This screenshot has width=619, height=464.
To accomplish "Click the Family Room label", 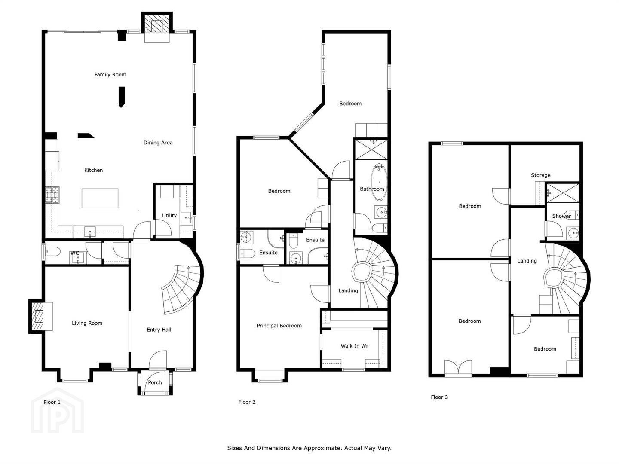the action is [x=110, y=75].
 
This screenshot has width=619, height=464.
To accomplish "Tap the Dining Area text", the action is [x=158, y=143].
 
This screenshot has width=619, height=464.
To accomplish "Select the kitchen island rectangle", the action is [x=100, y=198].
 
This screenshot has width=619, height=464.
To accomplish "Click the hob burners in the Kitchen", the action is [x=52, y=195].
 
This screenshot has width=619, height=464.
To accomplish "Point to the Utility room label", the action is [x=169, y=216].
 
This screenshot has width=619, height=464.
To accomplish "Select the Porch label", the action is [x=155, y=382].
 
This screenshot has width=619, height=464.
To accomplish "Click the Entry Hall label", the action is [x=159, y=330].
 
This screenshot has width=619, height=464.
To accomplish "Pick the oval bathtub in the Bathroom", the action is [x=379, y=182].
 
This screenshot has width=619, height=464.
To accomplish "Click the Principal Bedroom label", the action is [x=279, y=326].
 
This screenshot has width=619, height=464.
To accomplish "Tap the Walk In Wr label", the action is [x=355, y=346].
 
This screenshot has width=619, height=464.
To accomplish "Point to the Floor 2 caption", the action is [x=247, y=402].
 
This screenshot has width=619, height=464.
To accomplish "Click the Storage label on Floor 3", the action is [x=541, y=175].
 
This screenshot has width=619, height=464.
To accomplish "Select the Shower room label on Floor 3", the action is [x=561, y=216].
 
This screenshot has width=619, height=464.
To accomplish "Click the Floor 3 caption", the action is [x=439, y=397].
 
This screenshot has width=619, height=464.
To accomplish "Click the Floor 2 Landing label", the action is [x=348, y=290].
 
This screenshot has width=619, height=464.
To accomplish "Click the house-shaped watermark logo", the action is [x=58, y=411].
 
